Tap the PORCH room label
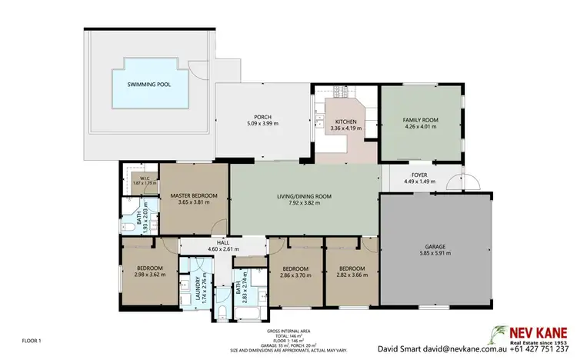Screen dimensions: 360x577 tap(263, 116)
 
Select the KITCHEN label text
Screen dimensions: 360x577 tap(344, 122)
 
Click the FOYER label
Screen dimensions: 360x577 tap(419, 175)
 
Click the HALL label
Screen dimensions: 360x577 tap(224, 242)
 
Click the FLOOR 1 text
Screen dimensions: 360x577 tap(31, 340)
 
